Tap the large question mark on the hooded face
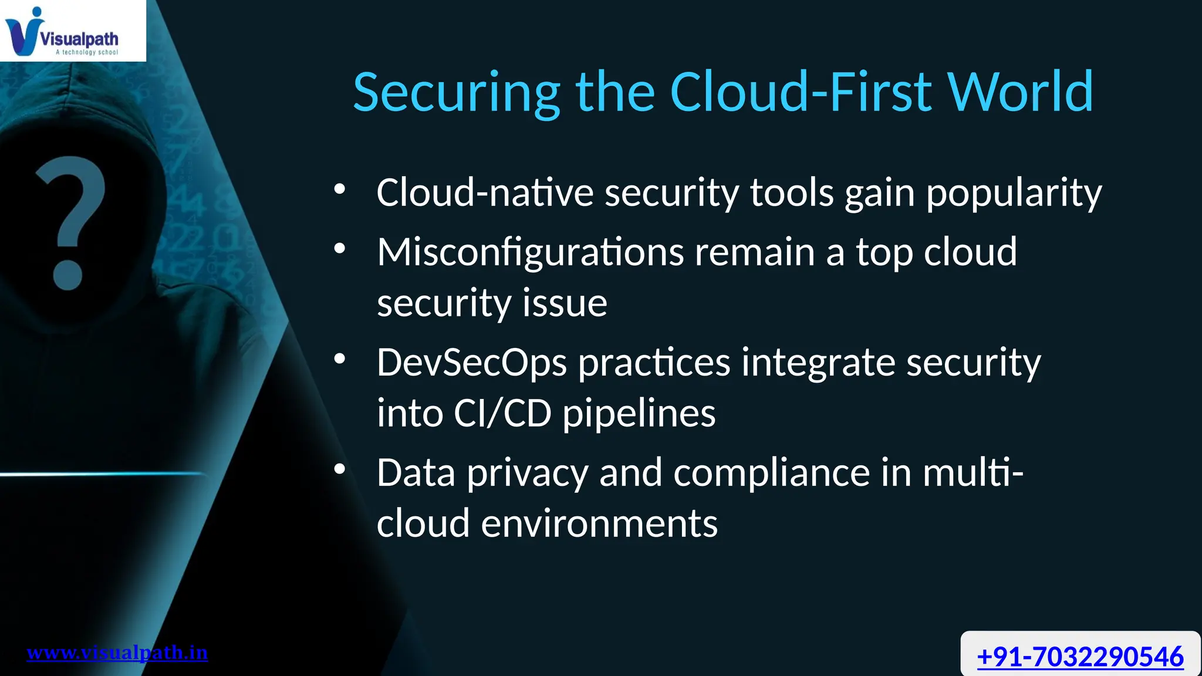point(69,223)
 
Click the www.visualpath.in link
point(117,653)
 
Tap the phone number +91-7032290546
point(1080,656)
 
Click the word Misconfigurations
point(530,252)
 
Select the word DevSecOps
point(471,363)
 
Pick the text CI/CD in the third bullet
point(502,413)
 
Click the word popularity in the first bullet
point(1014,194)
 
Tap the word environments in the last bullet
point(599,523)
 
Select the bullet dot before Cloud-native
point(339,190)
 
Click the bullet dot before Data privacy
point(339,469)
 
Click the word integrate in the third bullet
point(818,363)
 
